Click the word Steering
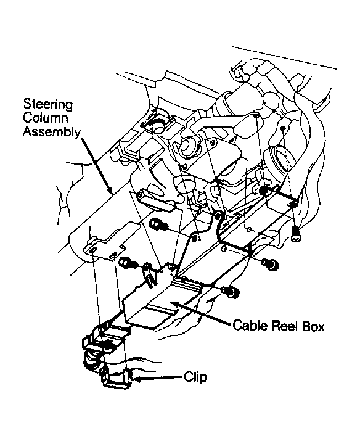(47, 105)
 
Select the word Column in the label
(46, 118)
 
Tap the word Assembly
(51, 131)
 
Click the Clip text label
(195, 377)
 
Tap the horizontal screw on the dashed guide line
(270, 263)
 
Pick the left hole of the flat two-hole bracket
(92, 251)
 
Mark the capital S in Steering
(27, 104)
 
